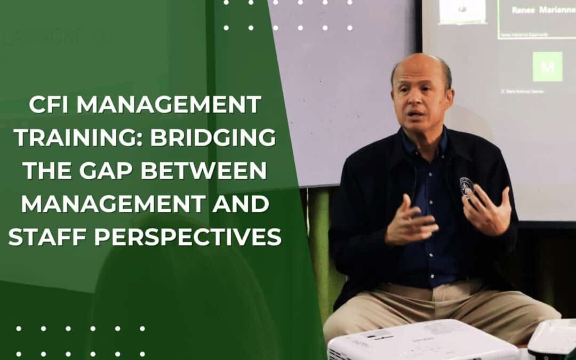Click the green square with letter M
point(547,66)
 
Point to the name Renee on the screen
point(523,10)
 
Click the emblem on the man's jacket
point(467,186)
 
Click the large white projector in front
point(421,341)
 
